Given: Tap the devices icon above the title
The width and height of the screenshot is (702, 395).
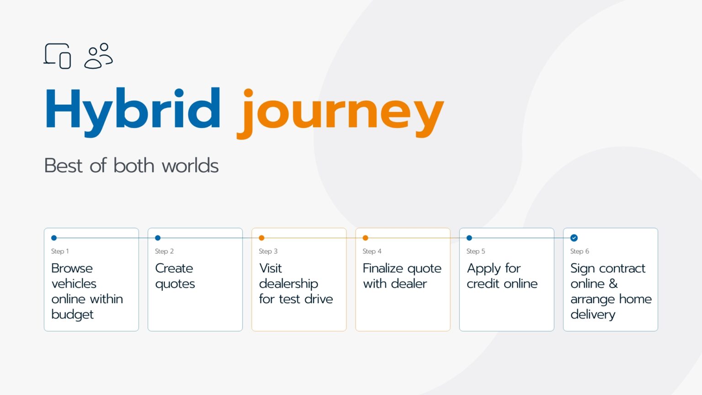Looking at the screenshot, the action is (x=57, y=56).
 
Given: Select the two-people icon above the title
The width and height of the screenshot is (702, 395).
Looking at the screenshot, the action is (x=98, y=56).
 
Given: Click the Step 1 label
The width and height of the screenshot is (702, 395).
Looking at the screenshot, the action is (x=60, y=251).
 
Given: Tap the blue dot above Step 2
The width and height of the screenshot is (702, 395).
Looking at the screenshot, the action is (x=158, y=238).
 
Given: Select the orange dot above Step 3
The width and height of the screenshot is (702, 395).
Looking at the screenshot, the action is (x=262, y=238).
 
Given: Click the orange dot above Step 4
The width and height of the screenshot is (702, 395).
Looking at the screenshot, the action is (x=366, y=238).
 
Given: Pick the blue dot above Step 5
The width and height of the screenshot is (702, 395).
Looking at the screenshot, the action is (x=469, y=238).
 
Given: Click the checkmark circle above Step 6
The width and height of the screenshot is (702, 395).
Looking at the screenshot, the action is (x=574, y=238).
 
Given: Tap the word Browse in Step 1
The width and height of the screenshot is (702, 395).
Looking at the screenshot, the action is (x=72, y=268).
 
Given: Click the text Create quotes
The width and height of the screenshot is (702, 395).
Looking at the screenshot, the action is (x=175, y=276).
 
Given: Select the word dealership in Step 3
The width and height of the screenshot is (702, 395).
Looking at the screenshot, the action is (x=288, y=284).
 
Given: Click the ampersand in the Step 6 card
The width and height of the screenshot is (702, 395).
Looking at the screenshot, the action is (x=613, y=284).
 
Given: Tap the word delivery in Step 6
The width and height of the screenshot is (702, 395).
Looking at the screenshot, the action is (x=593, y=315).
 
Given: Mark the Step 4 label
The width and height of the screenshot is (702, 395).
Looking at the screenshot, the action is (x=372, y=251).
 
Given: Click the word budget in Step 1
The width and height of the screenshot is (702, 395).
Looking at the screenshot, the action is (x=72, y=315).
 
